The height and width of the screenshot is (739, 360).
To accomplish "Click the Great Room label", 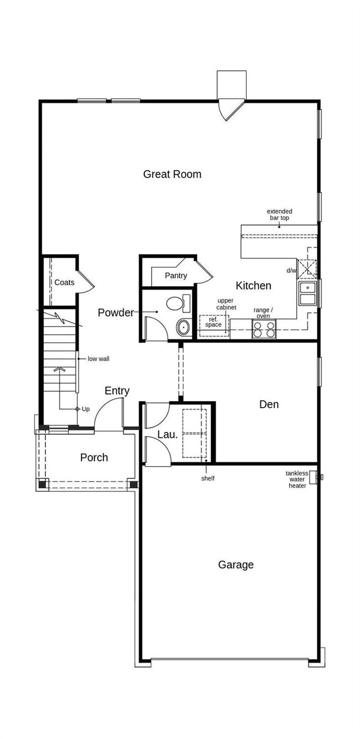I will pos(172,174).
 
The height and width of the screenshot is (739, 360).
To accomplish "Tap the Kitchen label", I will pos(253,286).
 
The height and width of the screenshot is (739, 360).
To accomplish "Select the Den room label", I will pos(269,405).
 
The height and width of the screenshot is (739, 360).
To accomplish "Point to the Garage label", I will pos(236,565).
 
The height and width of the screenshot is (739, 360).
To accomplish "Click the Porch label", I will pos(94,458).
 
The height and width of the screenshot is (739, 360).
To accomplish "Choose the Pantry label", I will pos(176,276).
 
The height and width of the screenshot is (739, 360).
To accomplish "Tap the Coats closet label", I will pos(64,282).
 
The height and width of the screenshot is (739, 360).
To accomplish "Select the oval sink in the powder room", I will pos(183,327).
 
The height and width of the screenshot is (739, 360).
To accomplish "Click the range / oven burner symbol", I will pos(264,329).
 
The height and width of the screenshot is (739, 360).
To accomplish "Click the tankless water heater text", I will pos(297,479).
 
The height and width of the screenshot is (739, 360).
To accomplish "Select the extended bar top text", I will pos(279,215).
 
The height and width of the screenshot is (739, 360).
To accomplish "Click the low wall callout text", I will pos(99,359).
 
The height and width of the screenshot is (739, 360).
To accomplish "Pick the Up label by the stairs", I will pos(85,409).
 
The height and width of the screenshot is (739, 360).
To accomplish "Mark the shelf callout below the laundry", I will pos(208,478).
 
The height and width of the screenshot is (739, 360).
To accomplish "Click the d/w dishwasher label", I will pos(291,271).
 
